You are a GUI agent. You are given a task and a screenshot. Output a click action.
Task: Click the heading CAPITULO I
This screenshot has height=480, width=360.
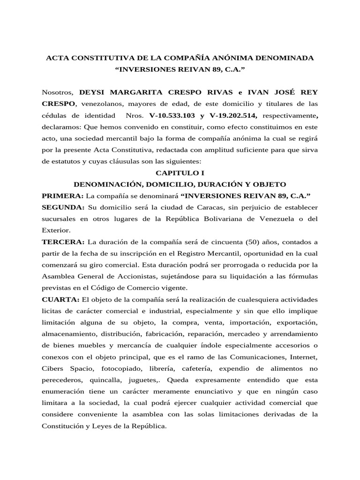[180, 172]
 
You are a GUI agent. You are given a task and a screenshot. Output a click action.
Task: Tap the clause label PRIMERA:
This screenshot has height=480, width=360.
[62, 195]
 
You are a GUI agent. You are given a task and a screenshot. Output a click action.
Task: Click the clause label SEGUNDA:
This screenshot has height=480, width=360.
[63, 207]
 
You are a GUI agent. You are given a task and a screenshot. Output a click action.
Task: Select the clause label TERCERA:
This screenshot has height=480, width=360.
[63, 241]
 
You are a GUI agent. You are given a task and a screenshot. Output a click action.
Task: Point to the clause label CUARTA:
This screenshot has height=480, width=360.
[60, 299]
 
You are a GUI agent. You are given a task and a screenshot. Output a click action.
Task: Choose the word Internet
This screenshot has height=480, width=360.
[303, 356]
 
